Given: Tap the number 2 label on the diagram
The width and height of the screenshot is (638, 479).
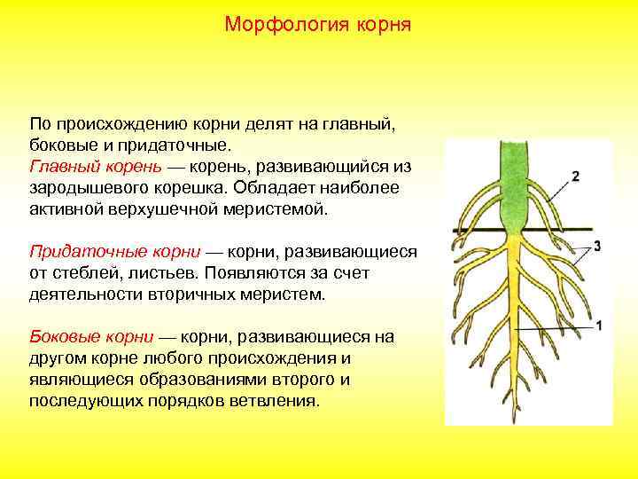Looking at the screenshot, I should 575,177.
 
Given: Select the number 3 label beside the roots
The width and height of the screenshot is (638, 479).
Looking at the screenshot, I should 597,245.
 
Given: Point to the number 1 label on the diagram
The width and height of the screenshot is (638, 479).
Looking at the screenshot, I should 600,326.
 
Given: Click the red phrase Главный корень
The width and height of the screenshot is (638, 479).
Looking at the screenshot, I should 95,167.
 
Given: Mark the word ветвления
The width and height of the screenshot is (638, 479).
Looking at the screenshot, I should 276,401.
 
